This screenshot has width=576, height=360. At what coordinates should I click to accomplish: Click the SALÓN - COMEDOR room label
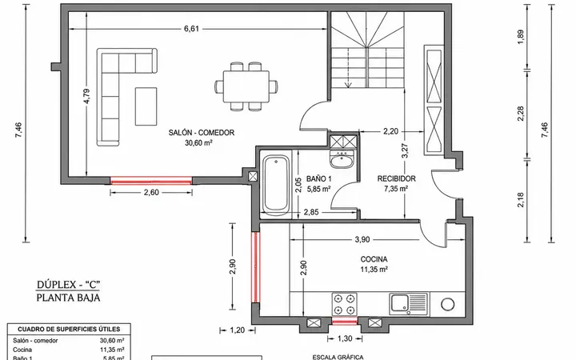click(202, 133)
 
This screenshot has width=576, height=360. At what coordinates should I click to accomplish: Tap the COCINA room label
click(374, 259)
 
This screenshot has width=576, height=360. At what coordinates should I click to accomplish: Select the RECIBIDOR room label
click(397, 179)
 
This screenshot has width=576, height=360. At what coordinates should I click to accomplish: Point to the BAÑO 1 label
click(319, 179)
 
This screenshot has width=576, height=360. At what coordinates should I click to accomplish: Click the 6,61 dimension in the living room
click(191, 29)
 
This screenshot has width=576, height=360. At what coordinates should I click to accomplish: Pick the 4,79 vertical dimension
click(86, 96)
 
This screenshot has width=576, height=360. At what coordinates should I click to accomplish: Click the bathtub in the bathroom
click(275, 185)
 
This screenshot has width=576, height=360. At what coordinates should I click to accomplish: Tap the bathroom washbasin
click(342, 159)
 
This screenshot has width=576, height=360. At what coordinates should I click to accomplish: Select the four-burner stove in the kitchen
click(345, 304)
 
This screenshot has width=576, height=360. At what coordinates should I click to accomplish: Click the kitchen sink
click(409, 304)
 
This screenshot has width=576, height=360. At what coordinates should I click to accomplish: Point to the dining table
click(246, 86)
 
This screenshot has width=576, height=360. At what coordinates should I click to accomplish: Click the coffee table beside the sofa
click(146, 106)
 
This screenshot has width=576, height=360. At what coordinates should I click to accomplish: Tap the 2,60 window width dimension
click(151, 193)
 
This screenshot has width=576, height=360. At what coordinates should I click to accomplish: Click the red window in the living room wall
click(151, 180)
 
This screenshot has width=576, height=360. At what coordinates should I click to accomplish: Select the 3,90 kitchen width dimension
click(362, 239)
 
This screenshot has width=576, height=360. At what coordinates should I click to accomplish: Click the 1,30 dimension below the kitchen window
click(345, 338)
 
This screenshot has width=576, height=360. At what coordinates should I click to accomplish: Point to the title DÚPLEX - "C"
click(68, 285)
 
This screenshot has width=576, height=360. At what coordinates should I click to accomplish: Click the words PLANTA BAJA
click(68, 298)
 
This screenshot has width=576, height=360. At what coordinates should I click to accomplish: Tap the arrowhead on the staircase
click(348, 86)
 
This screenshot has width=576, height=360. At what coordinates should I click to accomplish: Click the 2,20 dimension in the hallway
click(391, 131)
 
